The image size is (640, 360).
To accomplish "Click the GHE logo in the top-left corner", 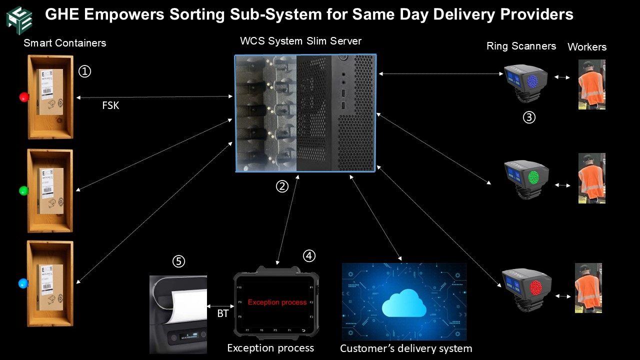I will [19, 19].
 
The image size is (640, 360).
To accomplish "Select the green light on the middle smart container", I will [23, 190].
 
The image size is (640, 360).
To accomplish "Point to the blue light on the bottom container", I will [23, 283].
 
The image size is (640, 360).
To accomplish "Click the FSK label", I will [110, 106].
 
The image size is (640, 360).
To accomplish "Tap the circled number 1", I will [85, 72].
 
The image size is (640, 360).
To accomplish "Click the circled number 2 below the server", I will [282, 186].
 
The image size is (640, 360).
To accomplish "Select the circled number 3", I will [529, 117].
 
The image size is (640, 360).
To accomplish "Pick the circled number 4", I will [309, 255].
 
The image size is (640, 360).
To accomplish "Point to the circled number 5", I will [178, 261].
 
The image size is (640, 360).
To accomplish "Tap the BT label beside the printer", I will [223, 314].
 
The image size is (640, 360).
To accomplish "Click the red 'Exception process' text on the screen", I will [277, 302].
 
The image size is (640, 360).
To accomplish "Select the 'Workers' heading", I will [587, 47].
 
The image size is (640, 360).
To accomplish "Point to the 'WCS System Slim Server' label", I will [300, 41].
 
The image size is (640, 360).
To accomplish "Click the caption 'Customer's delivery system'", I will [406, 348].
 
